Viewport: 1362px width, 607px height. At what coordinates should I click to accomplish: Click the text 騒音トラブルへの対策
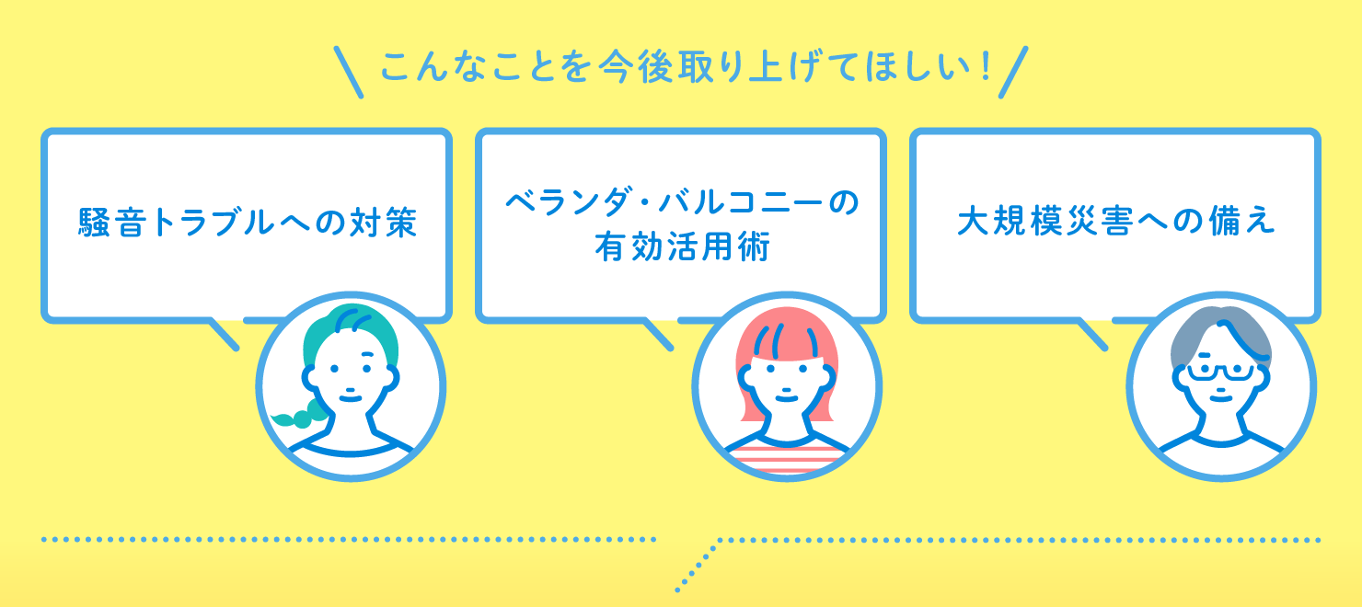click(248, 223)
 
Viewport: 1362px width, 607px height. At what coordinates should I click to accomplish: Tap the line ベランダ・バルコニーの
click(681, 201)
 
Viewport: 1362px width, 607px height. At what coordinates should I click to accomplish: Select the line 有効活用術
click(681, 247)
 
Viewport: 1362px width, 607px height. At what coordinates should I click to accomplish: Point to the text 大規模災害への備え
click(1115, 223)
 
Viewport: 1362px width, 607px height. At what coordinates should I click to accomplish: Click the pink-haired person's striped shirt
click(784, 452)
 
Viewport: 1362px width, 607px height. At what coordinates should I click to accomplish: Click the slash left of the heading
click(349, 73)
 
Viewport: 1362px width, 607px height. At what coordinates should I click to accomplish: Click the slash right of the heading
click(1011, 73)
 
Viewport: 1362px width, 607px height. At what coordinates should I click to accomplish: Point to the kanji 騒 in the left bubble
click(95, 223)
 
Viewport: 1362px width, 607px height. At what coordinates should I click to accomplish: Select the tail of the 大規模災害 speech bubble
click(1093, 334)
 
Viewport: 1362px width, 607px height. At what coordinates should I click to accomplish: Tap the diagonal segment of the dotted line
click(698, 563)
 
